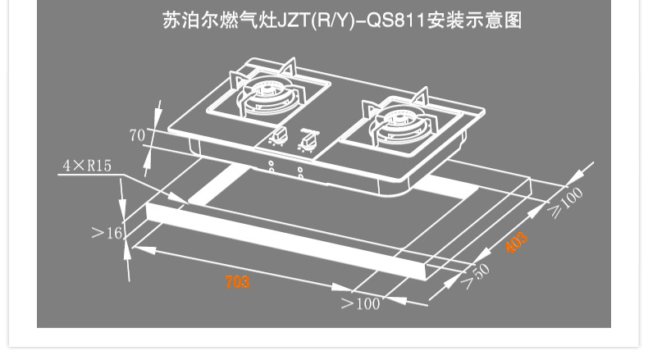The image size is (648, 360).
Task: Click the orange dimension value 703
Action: click(x=237, y=282)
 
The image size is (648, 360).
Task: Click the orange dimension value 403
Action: click(x=516, y=244)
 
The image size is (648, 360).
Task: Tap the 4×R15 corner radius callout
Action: click(x=87, y=166)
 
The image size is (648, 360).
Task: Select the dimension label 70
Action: click(x=137, y=134)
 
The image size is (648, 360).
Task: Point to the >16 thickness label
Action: click(x=107, y=233)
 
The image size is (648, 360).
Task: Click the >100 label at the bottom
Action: click(x=361, y=303)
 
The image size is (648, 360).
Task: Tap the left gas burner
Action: click(x=265, y=96)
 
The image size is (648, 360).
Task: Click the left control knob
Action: click(x=279, y=136)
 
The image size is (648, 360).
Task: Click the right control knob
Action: click(x=308, y=141)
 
